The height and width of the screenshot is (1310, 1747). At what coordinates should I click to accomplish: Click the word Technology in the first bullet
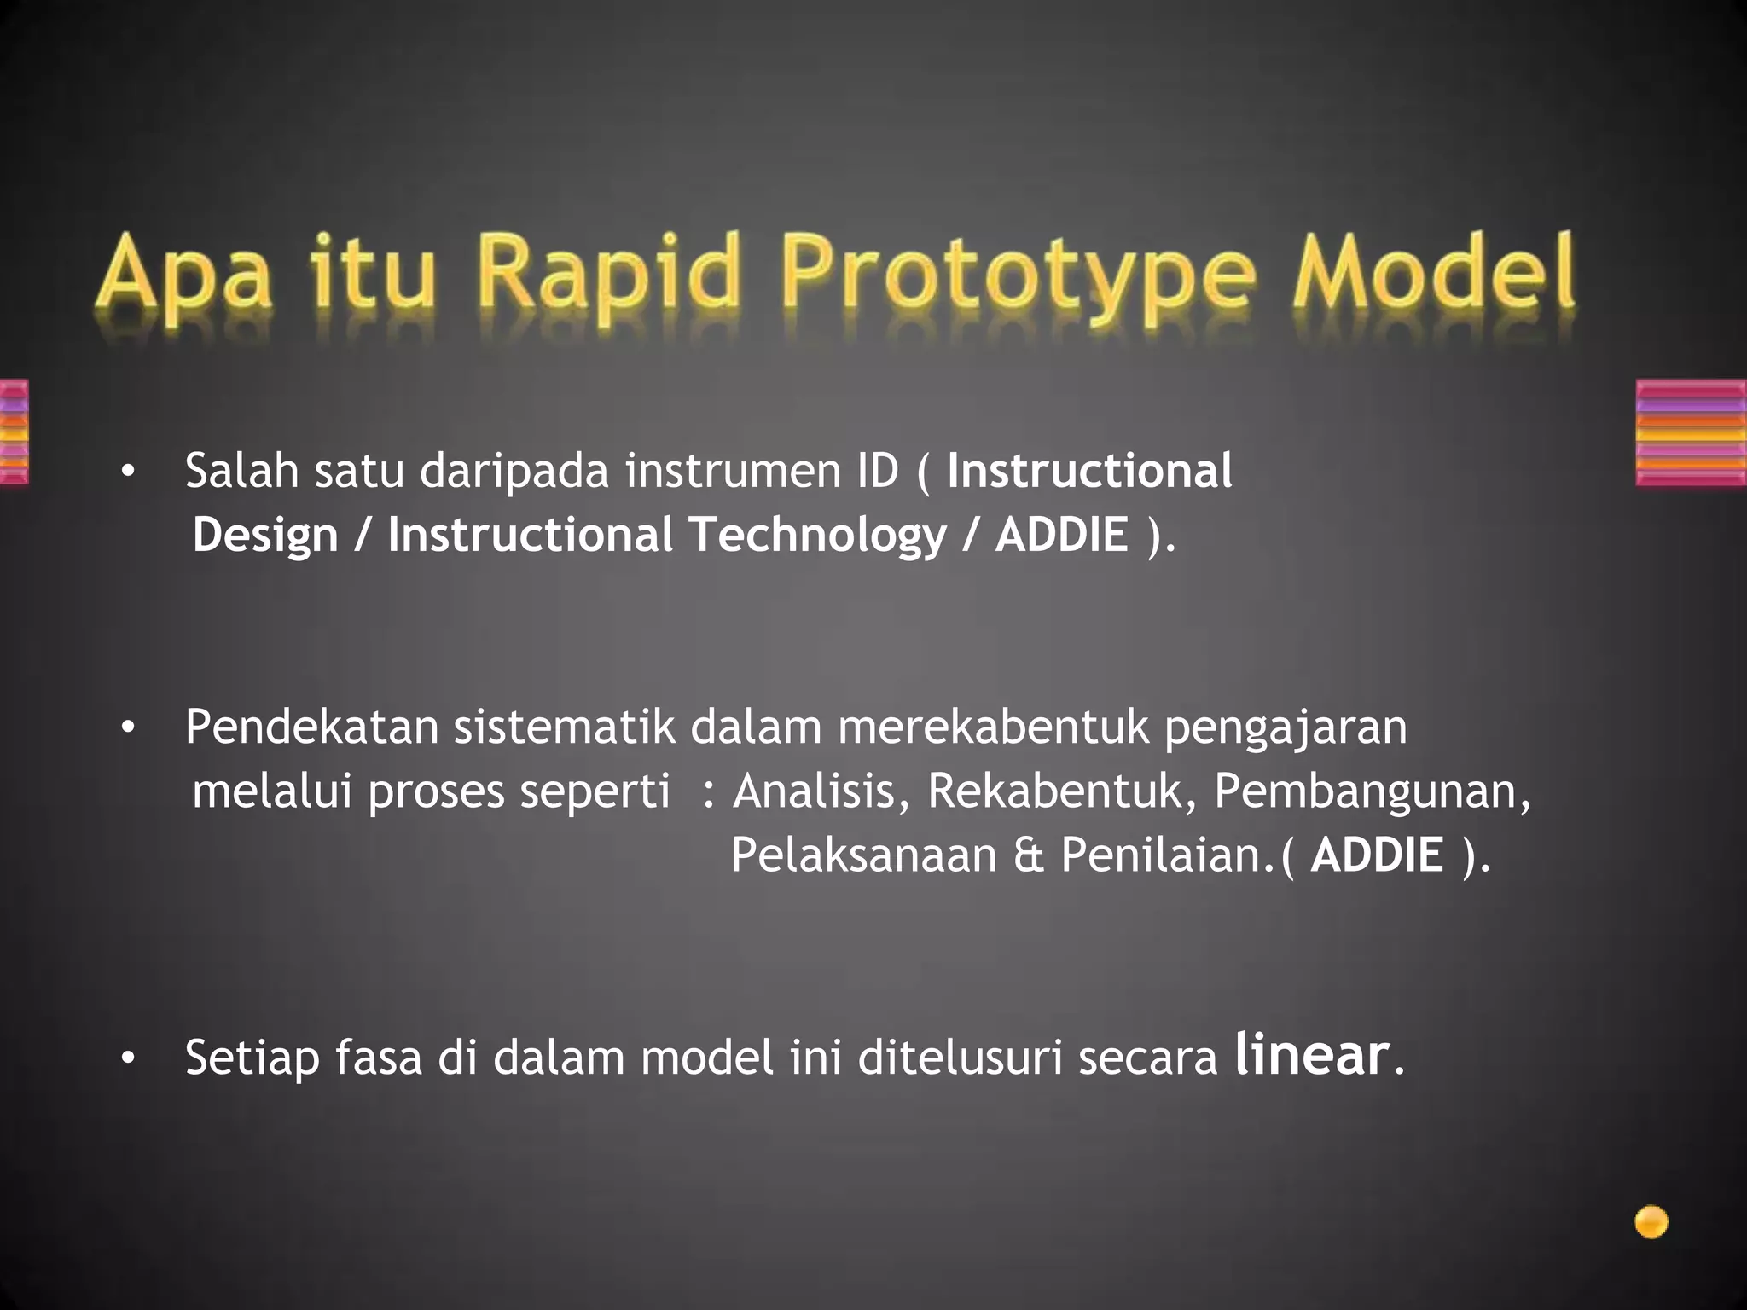(x=817, y=535)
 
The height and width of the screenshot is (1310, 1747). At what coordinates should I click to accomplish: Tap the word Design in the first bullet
(x=265, y=536)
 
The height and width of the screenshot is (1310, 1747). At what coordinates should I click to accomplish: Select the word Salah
(x=241, y=470)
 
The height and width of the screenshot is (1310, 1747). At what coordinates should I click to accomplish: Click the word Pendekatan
(x=311, y=727)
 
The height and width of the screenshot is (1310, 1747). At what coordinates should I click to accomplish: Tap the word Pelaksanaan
(x=863, y=855)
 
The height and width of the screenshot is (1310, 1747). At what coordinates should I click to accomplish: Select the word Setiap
(x=252, y=1058)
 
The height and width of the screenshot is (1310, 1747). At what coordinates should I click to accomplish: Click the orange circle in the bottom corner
(x=1651, y=1222)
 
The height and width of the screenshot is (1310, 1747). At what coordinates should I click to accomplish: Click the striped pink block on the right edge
(x=1691, y=432)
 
